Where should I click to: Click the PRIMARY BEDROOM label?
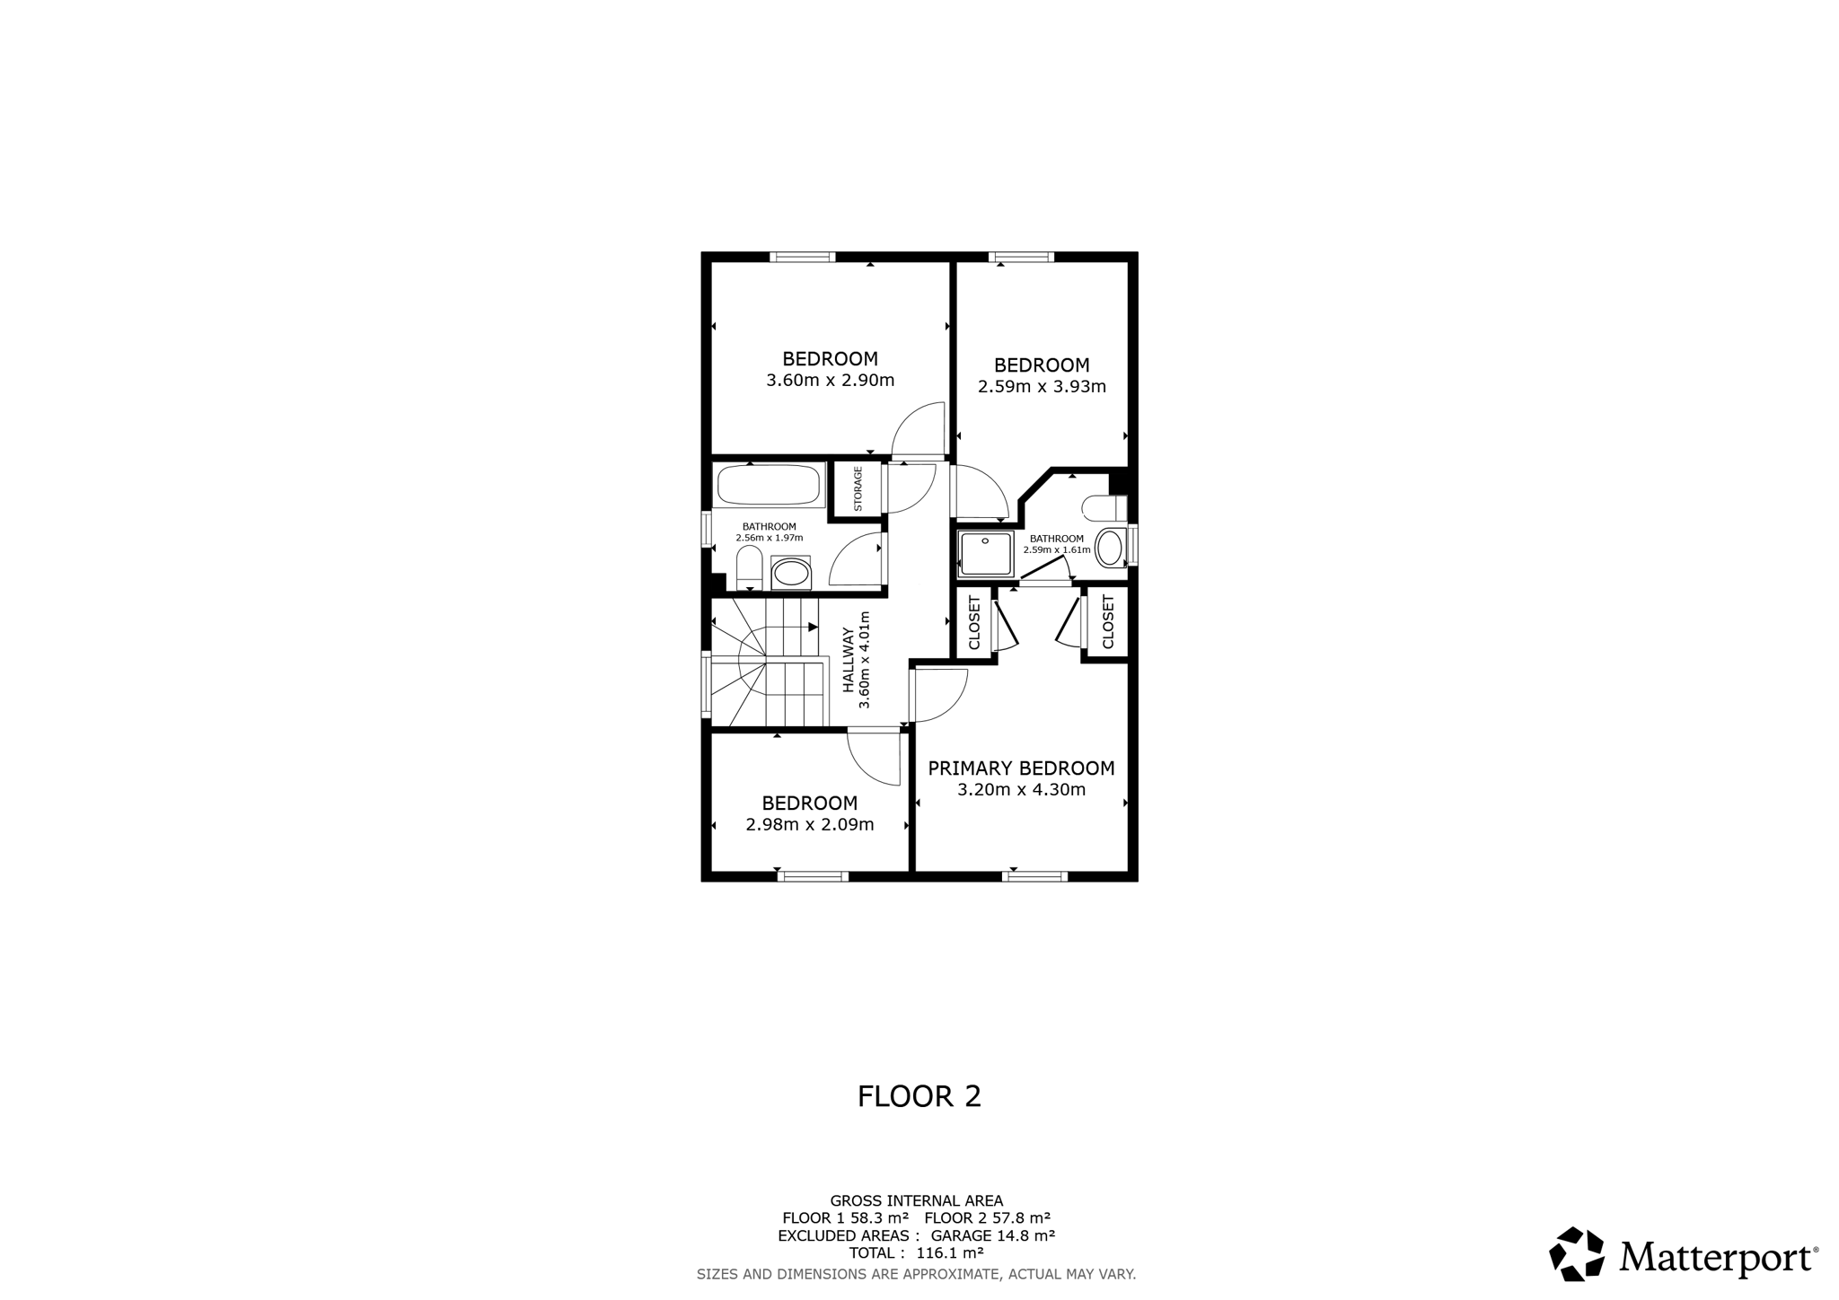pos(1021,769)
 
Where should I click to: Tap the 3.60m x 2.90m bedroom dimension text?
pos(831,380)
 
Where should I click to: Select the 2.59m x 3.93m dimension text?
pos(1042,387)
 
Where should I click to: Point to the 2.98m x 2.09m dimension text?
pos(810,824)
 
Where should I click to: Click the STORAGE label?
pos(858,488)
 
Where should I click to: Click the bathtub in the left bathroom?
pos(769,485)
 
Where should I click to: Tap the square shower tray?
pos(986,553)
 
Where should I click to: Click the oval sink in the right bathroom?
pos(1110,548)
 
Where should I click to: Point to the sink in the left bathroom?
pos(790,572)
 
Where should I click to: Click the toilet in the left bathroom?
pos(750,569)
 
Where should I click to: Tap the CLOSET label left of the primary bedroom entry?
pos(974,622)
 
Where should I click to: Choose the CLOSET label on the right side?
pos(1107,622)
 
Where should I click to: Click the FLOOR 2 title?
pos(919,1096)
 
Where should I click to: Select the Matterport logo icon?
pos(1577,1253)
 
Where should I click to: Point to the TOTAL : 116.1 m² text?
pos(917,1252)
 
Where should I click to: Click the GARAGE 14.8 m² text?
pos(993,1235)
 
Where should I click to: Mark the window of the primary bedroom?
pos(1035,876)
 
